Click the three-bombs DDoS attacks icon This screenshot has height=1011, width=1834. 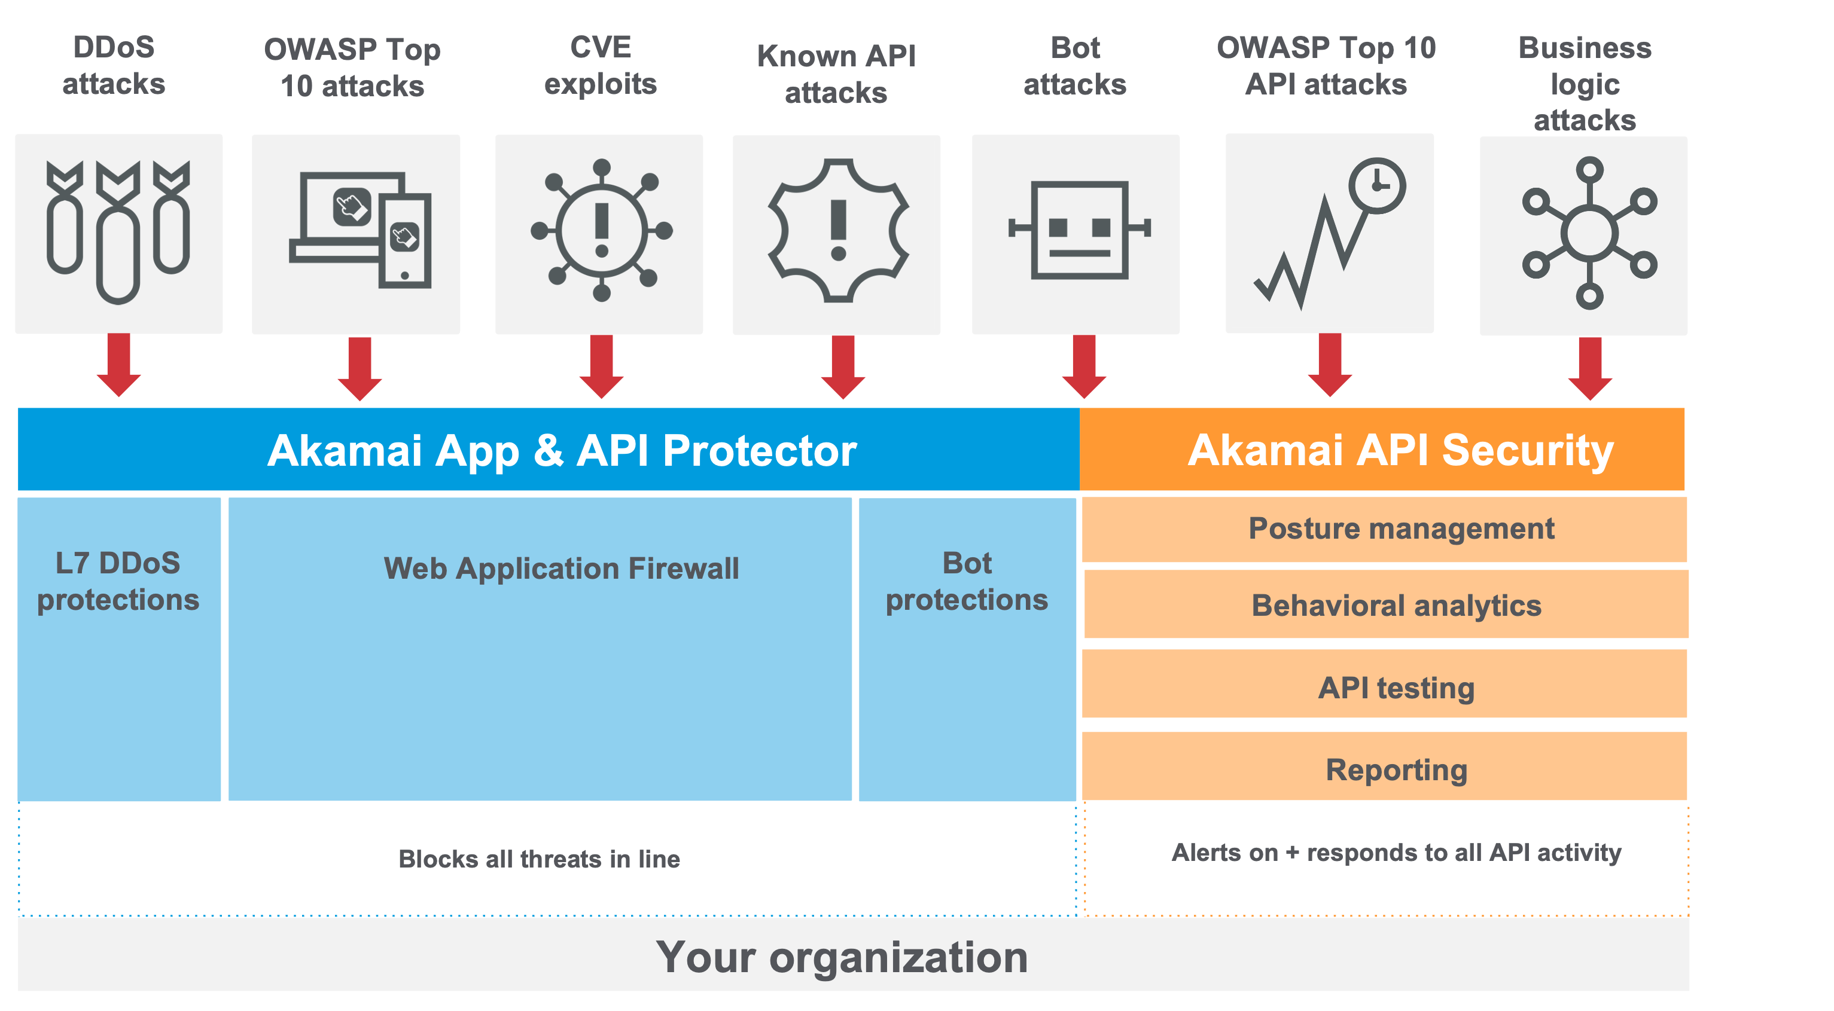click(118, 232)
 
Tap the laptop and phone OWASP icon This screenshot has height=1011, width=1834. click(360, 229)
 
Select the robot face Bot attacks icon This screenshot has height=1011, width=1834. click(1079, 229)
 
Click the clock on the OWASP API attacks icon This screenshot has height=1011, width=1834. click(1377, 185)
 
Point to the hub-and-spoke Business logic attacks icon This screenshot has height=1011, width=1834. click(1589, 233)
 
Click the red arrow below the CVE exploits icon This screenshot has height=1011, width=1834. click(602, 366)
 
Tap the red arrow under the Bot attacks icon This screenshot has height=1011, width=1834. click(1084, 366)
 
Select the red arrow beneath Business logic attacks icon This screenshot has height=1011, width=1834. click(1590, 368)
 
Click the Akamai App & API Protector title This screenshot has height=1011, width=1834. click(562, 450)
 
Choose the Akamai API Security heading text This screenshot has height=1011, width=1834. click(1400, 450)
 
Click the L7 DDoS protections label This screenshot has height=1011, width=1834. click(118, 581)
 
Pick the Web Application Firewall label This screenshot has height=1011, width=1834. click(561, 569)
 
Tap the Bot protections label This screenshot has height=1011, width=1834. click(967, 581)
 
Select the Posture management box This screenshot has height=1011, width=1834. click(1384, 529)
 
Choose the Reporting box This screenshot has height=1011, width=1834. click(1384, 765)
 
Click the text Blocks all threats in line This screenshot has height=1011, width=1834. click(539, 859)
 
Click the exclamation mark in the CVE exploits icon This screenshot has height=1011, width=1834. click(602, 230)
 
